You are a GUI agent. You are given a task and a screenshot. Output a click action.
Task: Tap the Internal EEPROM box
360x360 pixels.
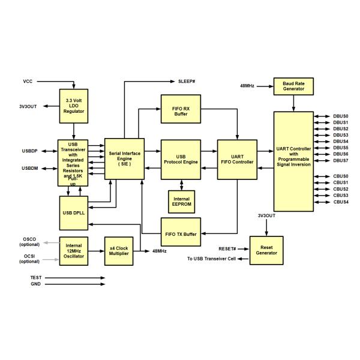click(x=181, y=201)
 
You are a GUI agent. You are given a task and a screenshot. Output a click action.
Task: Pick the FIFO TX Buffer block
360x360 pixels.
click(x=181, y=229)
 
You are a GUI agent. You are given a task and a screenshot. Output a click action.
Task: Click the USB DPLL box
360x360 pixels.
click(x=74, y=213)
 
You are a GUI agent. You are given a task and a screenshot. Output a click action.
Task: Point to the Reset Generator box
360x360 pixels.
click(x=266, y=249)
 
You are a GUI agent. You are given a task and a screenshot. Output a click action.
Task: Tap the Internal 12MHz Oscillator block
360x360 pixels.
click(x=74, y=251)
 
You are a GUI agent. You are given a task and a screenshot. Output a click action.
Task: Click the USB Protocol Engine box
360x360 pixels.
click(x=181, y=159)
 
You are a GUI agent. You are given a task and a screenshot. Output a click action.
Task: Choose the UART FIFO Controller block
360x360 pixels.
click(x=237, y=159)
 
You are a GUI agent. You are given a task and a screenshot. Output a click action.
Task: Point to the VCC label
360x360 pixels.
click(x=28, y=80)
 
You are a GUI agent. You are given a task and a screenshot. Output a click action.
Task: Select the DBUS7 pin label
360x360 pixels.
click(x=341, y=161)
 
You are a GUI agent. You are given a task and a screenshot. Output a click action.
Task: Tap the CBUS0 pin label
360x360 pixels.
click(x=341, y=176)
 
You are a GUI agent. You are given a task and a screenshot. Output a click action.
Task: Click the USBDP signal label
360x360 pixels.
click(x=30, y=151)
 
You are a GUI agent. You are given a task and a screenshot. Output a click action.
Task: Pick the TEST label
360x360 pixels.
click(x=36, y=278)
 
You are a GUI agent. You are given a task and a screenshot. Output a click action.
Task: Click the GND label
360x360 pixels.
click(x=36, y=284)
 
